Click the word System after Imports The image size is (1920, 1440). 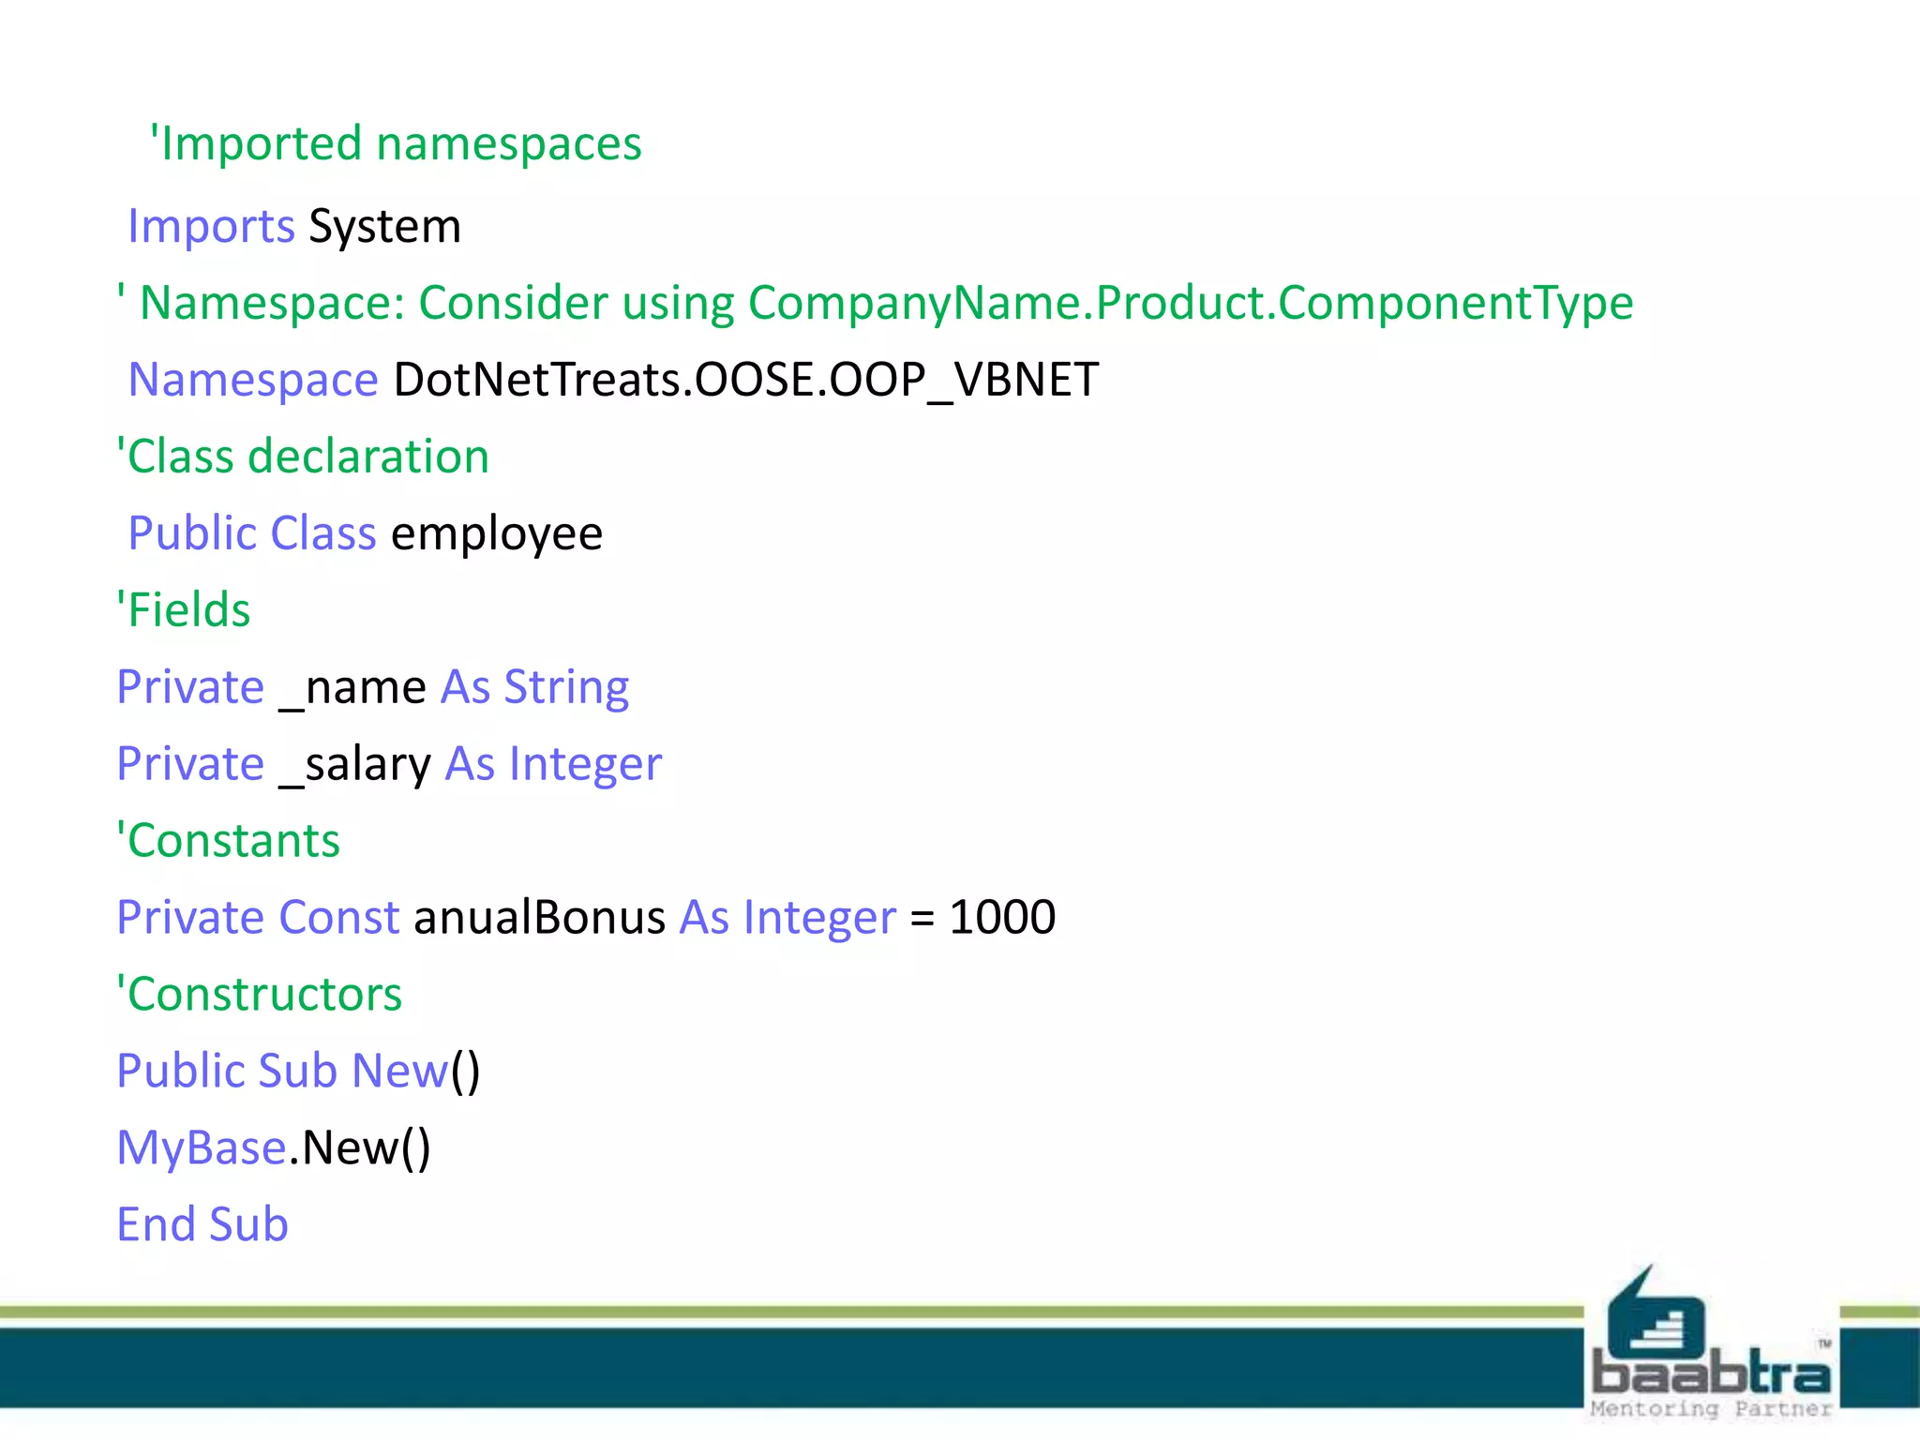(384, 227)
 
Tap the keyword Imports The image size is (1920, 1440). (211, 227)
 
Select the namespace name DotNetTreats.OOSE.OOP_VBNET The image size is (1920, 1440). (745, 380)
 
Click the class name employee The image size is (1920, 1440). (497, 534)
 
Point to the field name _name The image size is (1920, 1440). (353, 688)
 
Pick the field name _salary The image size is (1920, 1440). (355, 765)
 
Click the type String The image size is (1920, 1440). (566, 688)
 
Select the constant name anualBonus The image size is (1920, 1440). (539, 918)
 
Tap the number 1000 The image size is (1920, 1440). (1002, 918)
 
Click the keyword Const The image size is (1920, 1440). (339, 918)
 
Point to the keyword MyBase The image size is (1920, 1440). (201, 1148)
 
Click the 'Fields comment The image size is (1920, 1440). (184, 610)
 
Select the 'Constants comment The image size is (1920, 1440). (228, 841)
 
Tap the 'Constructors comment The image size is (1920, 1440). (259, 995)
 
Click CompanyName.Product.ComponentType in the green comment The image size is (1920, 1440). (1190, 304)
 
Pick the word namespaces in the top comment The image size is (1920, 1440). (509, 144)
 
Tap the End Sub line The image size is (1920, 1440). (202, 1225)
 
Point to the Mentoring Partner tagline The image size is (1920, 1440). (1710, 1409)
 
